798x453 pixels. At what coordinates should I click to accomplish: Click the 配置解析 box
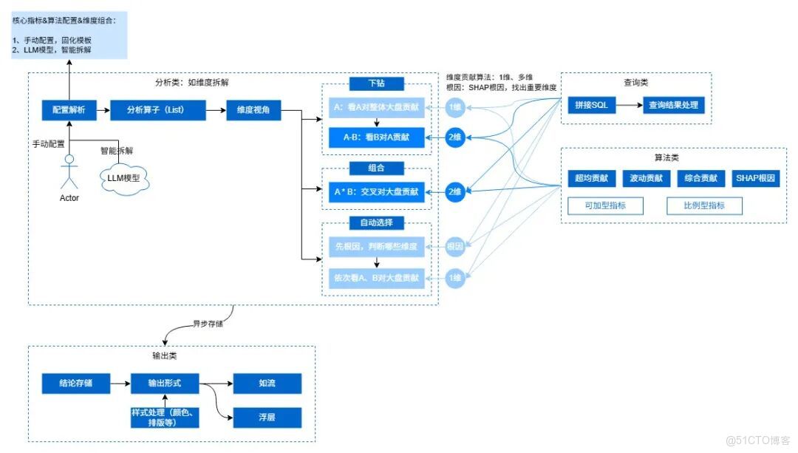(x=69, y=110)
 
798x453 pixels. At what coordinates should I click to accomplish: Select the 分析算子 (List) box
(x=155, y=110)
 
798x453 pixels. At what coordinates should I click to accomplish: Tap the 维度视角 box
(x=253, y=110)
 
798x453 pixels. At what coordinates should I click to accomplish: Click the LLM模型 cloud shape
(x=123, y=178)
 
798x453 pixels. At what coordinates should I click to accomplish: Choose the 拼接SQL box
(x=591, y=105)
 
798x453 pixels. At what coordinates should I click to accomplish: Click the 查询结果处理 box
(x=672, y=105)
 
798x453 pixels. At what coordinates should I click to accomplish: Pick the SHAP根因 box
(x=756, y=178)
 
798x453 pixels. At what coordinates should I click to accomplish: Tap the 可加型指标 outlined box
(x=606, y=205)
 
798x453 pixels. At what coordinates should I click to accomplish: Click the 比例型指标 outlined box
(x=704, y=205)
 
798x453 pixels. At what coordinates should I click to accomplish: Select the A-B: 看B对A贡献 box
(x=377, y=137)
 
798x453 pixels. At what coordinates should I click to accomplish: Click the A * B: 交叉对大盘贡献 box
(x=377, y=192)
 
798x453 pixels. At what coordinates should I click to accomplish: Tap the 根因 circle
(x=455, y=246)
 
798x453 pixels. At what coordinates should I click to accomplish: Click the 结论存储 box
(x=76, y=384)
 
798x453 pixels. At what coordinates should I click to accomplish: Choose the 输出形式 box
(x=165, y=384)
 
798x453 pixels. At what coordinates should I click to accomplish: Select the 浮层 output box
(x=267, y=418)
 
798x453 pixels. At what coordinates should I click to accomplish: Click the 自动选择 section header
(x=377, y=222)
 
